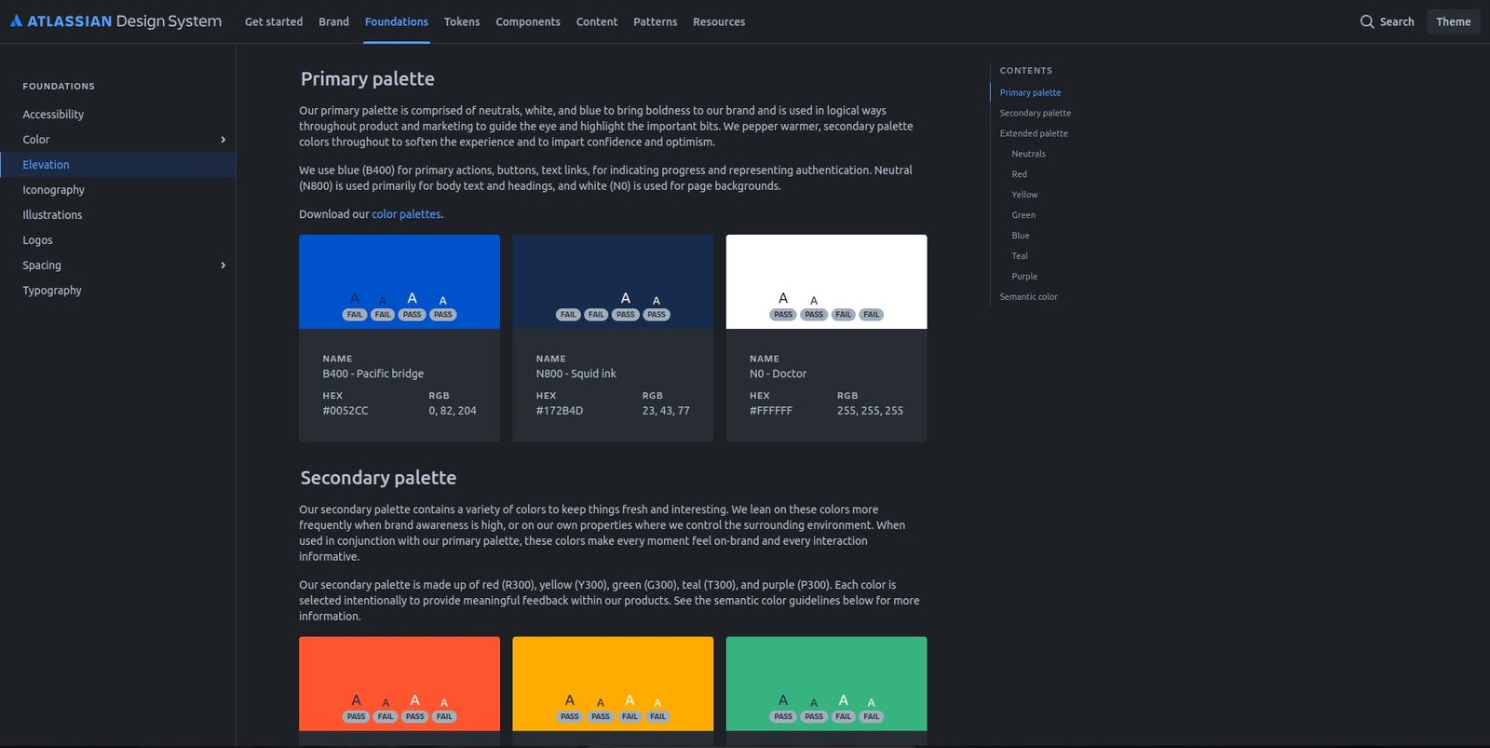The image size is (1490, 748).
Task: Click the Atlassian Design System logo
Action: click(x=115, y=21)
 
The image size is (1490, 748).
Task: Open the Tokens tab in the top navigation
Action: click(x=462, y=21)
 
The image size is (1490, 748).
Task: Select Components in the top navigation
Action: click(x=528, y=21)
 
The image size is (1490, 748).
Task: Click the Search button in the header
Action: click(x=1387, y=21)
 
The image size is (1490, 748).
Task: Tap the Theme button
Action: click(x=1453, y=21)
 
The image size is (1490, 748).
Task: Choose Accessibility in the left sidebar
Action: click(x=53, y=115)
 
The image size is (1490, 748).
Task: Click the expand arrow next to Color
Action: click(x=223, y=140)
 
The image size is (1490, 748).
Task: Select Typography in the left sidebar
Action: click(x=52, y=291)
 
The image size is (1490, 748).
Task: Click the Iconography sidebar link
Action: click(x=53, y=190)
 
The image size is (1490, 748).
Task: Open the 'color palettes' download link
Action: click(x=406, y=214)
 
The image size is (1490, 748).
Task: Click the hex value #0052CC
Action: click(x=345, y=411)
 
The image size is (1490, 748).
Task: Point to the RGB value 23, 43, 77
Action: click(x=666, y=411)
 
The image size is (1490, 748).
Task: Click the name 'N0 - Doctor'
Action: click(x=778, y=374)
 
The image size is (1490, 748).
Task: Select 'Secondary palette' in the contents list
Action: click(x=1035, y=114)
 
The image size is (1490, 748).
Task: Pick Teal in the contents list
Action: click(x=1020, y=256)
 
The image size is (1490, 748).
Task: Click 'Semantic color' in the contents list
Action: click(x=1028, y=297)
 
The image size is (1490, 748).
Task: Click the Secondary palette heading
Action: click(x=378, y=478)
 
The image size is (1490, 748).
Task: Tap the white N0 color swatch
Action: click(x=826, y=270)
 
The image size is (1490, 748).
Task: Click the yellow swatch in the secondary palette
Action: click(x=613, y=671)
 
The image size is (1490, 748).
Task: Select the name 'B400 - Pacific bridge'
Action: click(x=372, y=374)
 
